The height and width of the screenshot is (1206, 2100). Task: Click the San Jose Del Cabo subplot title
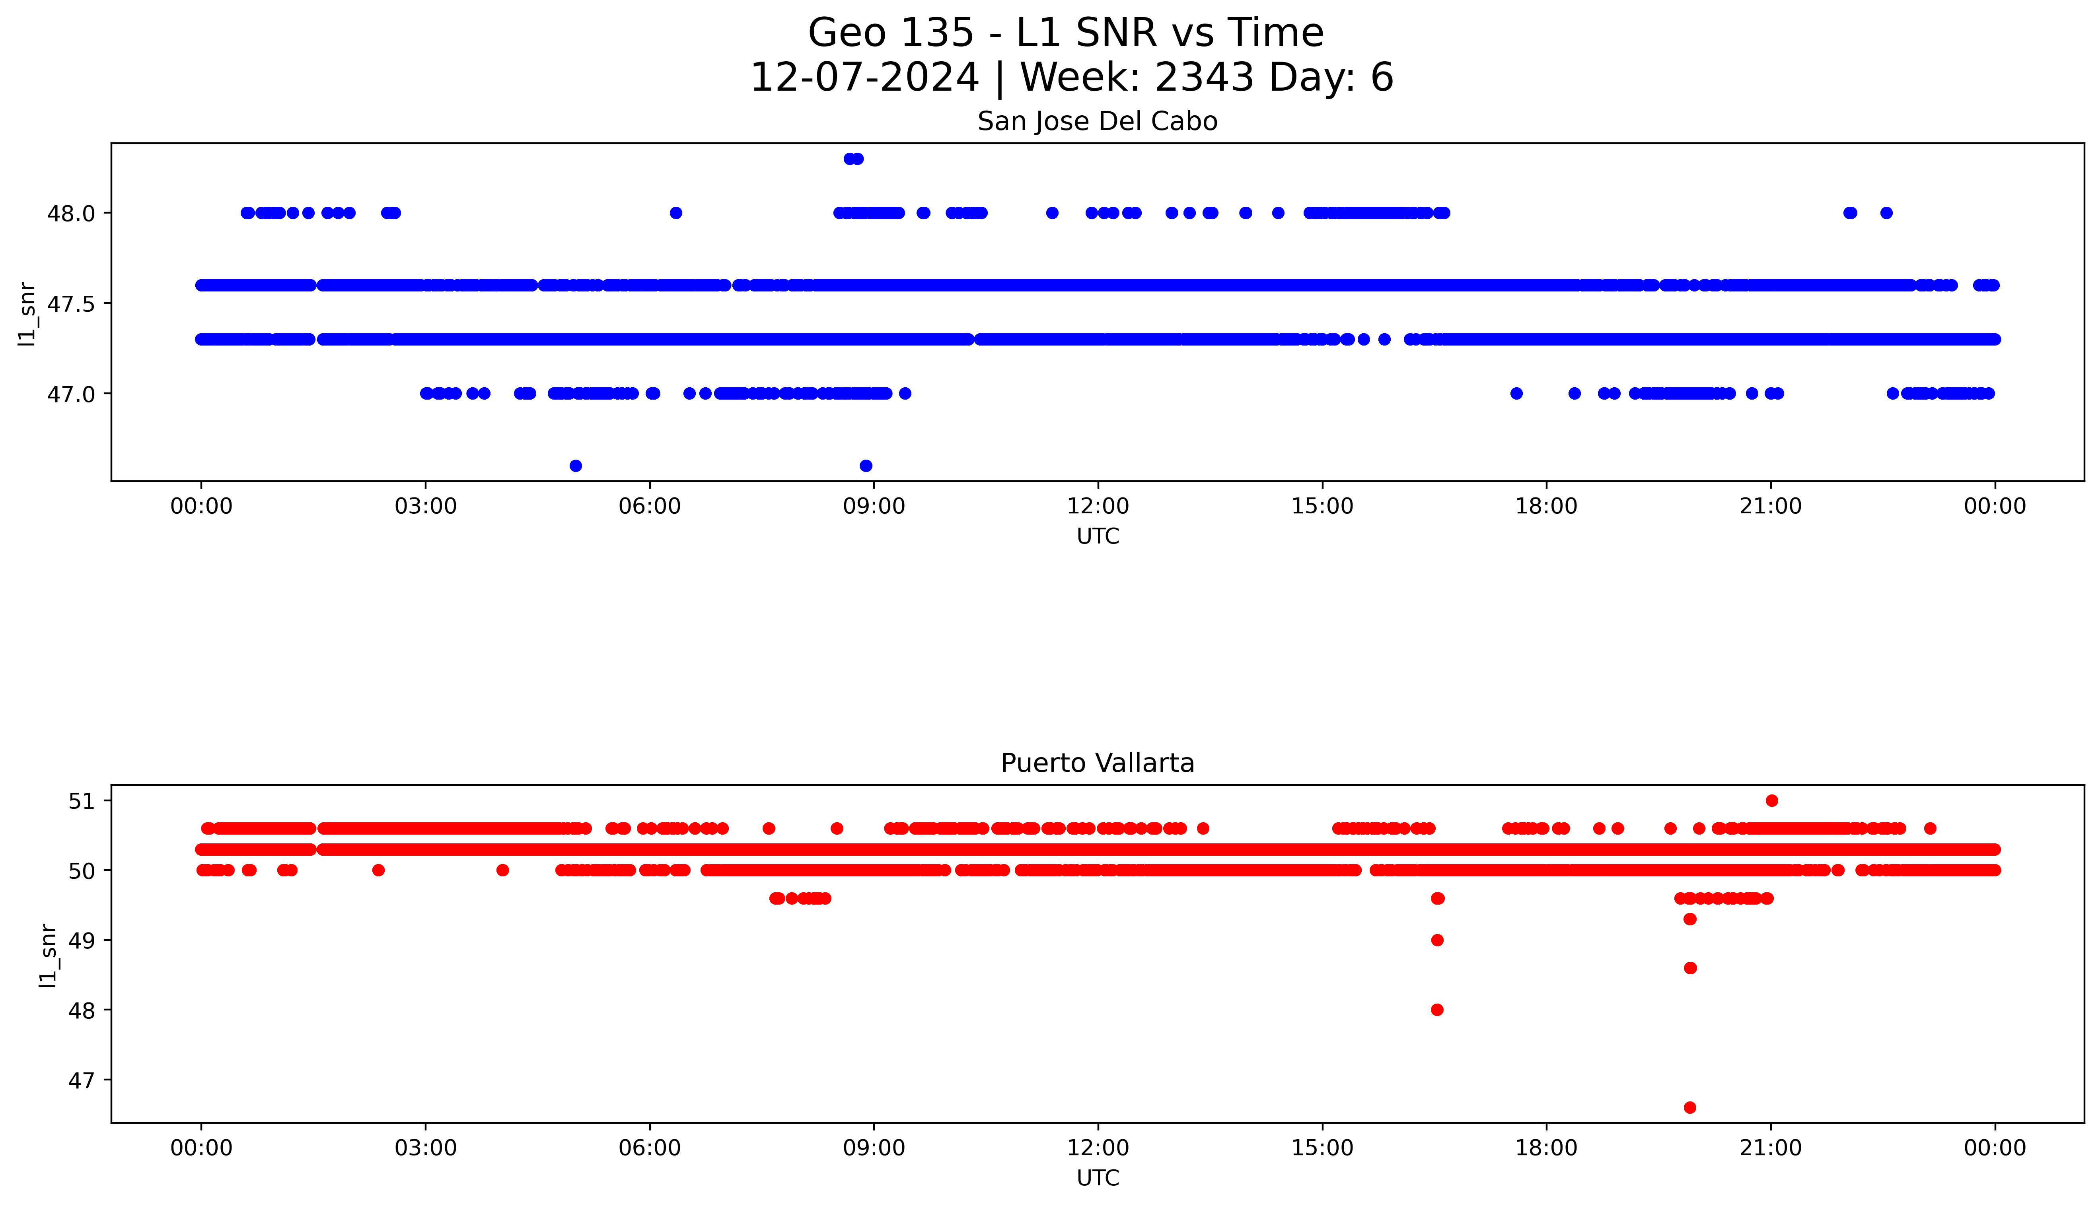click(x=1097, y=122)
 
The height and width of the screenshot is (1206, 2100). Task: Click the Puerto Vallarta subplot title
click(x=1097, y=763)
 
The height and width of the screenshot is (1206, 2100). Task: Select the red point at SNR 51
click(x=1771, y=800)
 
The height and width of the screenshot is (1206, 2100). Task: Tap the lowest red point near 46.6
click(x=1690, y=1107)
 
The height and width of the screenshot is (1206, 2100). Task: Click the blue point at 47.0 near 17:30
click(x=1516, y=393)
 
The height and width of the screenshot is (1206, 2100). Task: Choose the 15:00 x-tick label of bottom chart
click(x=1322, y=1148)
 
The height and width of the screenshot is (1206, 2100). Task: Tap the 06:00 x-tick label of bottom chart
click(x=650, y=1148)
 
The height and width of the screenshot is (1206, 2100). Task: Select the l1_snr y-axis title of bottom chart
click(x=48, y=955)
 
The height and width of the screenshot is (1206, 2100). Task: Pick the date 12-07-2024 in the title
click(x=864, y=78)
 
